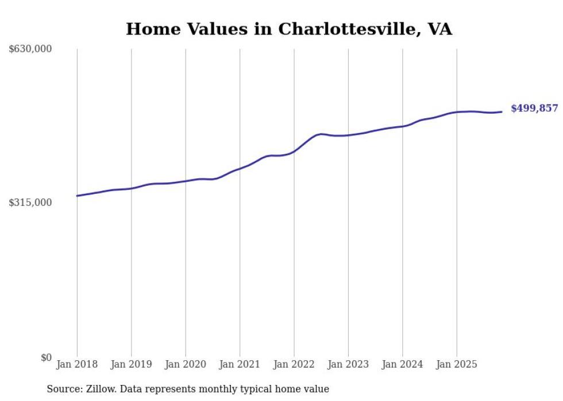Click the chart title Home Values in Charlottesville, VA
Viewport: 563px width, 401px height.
click(289, 29)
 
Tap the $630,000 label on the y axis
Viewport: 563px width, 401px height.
click(30, 49)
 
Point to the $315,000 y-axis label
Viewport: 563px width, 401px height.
click(30, 203)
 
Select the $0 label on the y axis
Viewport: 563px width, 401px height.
click(46, 357)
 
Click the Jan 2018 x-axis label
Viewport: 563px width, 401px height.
click(77, 364)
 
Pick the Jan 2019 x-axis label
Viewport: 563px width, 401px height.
click(131, 364)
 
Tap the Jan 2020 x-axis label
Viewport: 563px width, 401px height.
click(186, 364)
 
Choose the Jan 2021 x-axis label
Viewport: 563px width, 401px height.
click(240, 364)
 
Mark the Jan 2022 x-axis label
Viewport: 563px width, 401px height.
click(294, 364)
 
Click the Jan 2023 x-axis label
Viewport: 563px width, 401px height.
click(348, 364)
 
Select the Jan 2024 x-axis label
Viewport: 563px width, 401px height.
click(402, 364)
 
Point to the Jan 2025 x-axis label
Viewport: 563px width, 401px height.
click(457, 364)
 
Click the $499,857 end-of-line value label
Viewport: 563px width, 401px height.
click(534, 108)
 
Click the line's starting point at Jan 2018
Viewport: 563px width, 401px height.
click(77, 196)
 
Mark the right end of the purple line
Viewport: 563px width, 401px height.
click(502, 112)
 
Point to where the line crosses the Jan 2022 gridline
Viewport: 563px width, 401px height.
click(294, 151)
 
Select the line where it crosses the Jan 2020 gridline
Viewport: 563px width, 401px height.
click(186, 181)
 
